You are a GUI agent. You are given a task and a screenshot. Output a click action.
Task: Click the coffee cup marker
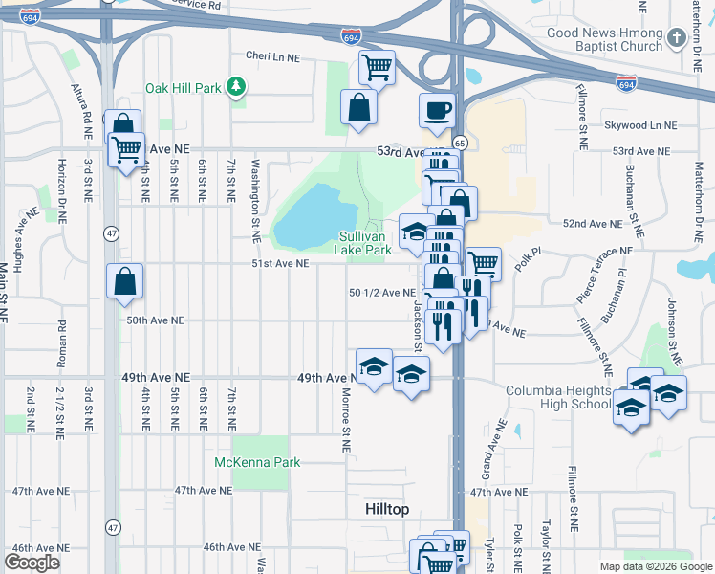coord(437,110)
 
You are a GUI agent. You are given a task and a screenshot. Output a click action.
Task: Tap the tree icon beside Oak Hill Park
coord(235,88)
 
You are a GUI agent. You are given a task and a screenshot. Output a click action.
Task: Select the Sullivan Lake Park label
coord(363,243)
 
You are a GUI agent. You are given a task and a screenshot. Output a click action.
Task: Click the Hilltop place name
coord(387,510)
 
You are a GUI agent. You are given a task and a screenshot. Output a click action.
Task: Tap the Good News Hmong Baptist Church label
coord(604,39)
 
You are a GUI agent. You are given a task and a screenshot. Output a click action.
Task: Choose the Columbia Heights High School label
coord(558,398)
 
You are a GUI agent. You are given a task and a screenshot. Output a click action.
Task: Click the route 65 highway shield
coord(460,143)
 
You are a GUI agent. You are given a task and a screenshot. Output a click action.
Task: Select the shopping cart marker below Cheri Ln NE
coord(378,67)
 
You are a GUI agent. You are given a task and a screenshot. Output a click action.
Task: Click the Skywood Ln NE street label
coord(639,125)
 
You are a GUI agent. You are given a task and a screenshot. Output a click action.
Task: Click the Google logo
coord(32,563)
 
